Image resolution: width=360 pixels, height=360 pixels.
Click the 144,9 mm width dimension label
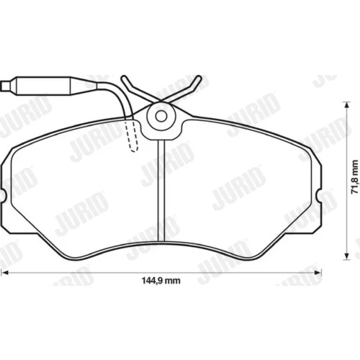(x=161, y=281)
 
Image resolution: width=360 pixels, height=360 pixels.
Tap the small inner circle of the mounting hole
(x=161, y=116)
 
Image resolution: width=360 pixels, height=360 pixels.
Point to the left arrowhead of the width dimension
(x=5, y=272)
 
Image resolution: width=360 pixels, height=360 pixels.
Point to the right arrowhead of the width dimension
(x=318, y=272)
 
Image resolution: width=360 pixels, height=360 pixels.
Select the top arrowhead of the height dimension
(x=346, y=105)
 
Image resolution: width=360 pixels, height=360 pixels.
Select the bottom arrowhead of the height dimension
(x=346, y=256)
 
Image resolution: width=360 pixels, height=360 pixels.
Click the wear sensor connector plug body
(x=43, y=86)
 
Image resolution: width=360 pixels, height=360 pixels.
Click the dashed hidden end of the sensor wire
(x=132, y=135)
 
